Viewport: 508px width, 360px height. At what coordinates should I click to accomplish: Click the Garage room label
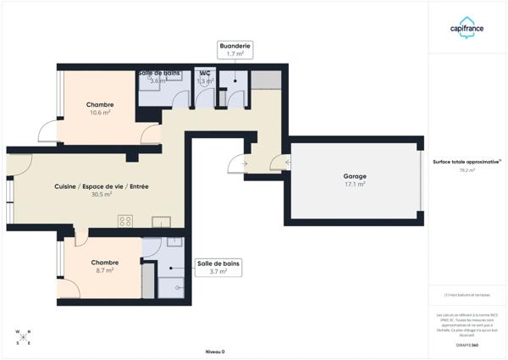click(x=355, y=176)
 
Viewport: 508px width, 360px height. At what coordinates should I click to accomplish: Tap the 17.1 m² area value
click(x=355, y=185)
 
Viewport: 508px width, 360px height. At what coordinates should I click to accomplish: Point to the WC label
click(x=205, y=73)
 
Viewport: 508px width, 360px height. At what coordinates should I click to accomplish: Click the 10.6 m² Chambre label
click(x=99, y=105)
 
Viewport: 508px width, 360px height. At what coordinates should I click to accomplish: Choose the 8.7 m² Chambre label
click(x=105, y=263)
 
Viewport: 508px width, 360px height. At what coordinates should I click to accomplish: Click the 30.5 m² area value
click(x=102, y=194)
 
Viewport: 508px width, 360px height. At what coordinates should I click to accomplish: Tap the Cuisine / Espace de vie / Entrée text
click(x=102, y=186)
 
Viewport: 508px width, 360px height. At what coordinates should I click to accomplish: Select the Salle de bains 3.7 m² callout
click(x=218, y=268)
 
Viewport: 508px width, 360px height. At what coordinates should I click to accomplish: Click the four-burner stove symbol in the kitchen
click(x=125, y=221)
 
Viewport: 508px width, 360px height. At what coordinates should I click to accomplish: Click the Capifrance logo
click(x=467, y=27)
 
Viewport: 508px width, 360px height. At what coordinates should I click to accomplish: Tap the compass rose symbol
click(x=24, y=337)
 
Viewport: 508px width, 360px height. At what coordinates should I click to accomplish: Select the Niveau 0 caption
click(x=215, y=351)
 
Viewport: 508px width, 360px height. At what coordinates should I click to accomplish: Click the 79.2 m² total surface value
click(x=467, y=170)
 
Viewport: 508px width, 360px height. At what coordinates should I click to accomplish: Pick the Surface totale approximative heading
click(x=467, y=161)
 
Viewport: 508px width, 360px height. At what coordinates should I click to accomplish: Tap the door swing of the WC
click(x=205, y=99)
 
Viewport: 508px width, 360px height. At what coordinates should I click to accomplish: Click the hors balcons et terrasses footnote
click(x=467, y=295)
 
